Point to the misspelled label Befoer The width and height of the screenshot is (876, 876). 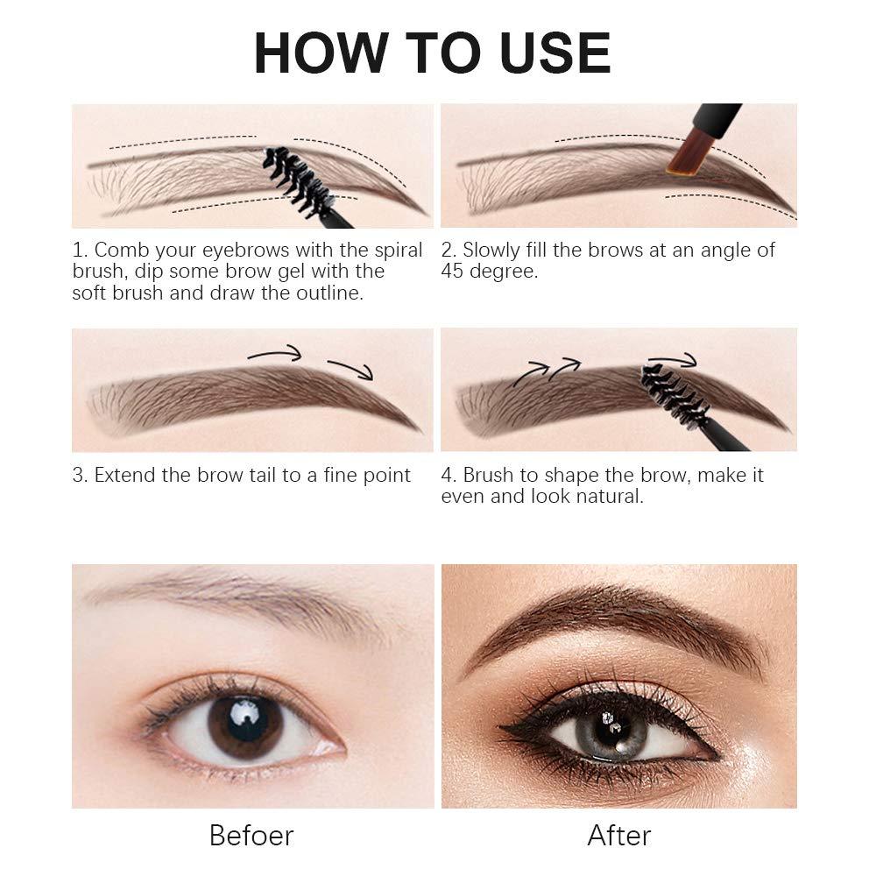251,835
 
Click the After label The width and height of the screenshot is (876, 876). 619,835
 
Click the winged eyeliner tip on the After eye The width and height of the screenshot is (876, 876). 505,727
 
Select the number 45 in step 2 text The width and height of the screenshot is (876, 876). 452,271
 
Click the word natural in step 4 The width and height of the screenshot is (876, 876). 611,497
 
